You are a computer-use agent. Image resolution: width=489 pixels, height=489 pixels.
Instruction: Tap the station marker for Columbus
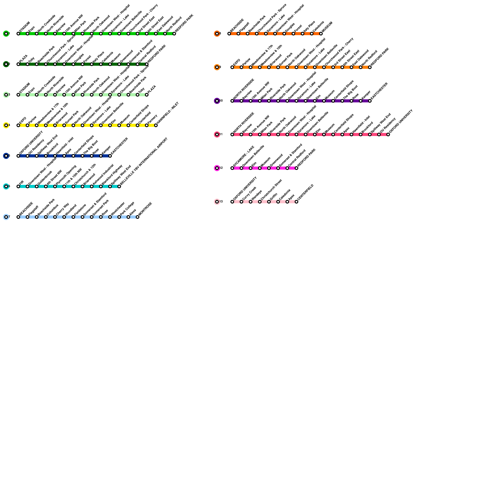46,217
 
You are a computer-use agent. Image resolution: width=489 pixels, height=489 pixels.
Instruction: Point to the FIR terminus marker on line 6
18,186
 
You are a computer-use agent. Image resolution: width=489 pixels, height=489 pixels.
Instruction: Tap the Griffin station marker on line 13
269,202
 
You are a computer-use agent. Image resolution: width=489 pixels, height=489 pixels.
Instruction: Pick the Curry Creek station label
249,194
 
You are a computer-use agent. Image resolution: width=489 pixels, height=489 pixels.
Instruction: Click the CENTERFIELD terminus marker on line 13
296,202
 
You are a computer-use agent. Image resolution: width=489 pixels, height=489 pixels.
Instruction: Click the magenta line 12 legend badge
217,168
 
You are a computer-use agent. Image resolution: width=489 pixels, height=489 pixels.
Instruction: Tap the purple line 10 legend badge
217,101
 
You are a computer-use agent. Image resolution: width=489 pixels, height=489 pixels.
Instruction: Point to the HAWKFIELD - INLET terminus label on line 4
167,114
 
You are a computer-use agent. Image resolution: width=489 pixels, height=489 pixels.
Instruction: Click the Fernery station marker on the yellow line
147,125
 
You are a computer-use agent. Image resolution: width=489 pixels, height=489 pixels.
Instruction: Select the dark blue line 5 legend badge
6,156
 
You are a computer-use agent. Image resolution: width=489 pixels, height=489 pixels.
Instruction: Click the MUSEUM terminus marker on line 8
321,34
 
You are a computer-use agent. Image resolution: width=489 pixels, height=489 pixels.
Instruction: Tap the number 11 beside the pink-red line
221,134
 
